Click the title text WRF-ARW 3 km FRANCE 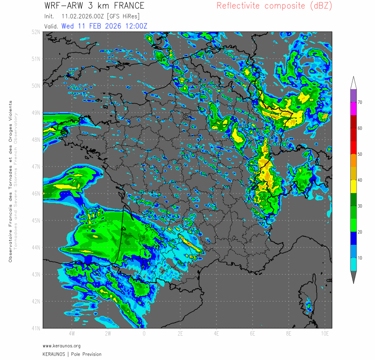pyautogui.click(x=94, y=6)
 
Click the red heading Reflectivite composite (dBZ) pyautogui.click(x=274, y=6)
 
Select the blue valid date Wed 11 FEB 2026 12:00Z pyautogui.click(x=104, y=26)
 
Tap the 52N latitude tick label pyautogui.click(x=36, y=32)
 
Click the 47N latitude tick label pyautogui.click(x=36, y=166)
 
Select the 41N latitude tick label pyautogui.click(x=36, y=328)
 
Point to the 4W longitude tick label pyautogui.click(x=71, y=334)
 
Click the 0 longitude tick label pyautogui.click(x=144, y=334)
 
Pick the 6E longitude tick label pyautogui.click(x=253, y=334)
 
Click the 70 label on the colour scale pyautogui.click(x=360, y=103)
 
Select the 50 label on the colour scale pyautogui.click(x=360, y=154)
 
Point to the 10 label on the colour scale pyautogui.click(x=360, y=258)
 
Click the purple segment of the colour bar pyautogui.click(x=353, y=95)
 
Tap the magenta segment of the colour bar pyautogui.click(x=353, y=108)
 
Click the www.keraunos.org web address pyautogui.click(x=62, y=346)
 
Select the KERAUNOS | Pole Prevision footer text pyautogui.click(x=72, y=354)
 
